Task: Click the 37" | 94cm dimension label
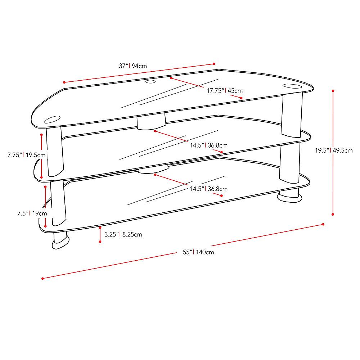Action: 133,66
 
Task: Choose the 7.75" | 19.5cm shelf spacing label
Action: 26,155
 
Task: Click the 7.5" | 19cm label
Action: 32,213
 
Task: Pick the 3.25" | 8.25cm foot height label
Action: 123,234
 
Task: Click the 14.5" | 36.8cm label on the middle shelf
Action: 209,145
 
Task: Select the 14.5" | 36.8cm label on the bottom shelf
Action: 209,189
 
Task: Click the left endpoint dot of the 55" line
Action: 42,278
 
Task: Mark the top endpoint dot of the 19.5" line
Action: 333,91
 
